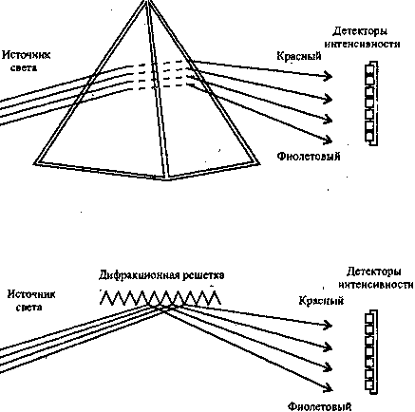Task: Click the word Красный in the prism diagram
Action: pos(299,56)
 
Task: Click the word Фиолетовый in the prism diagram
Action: pos(309,157)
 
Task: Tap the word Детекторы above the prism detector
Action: pos(360,31)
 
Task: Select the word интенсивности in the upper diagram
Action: pos(363,44)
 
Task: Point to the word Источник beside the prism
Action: pos(27,55)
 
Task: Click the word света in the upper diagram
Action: pos(24,68)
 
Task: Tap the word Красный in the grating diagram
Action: pos(321,300)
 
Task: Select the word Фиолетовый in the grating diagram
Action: pos(320,406)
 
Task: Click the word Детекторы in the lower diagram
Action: pos(374,272)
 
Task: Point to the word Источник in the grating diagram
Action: pos(31,294)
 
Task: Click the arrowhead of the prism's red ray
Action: pos(328,76)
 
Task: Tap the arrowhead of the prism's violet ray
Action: pos(328,140)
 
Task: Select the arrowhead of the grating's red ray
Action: pos(328,325)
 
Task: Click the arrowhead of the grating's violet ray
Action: pos(328,387)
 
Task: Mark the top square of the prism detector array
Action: pos(369,69)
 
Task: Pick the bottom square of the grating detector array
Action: pos(369,385)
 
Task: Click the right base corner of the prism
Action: pos(259,163)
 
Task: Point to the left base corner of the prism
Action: pos(35,163)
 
